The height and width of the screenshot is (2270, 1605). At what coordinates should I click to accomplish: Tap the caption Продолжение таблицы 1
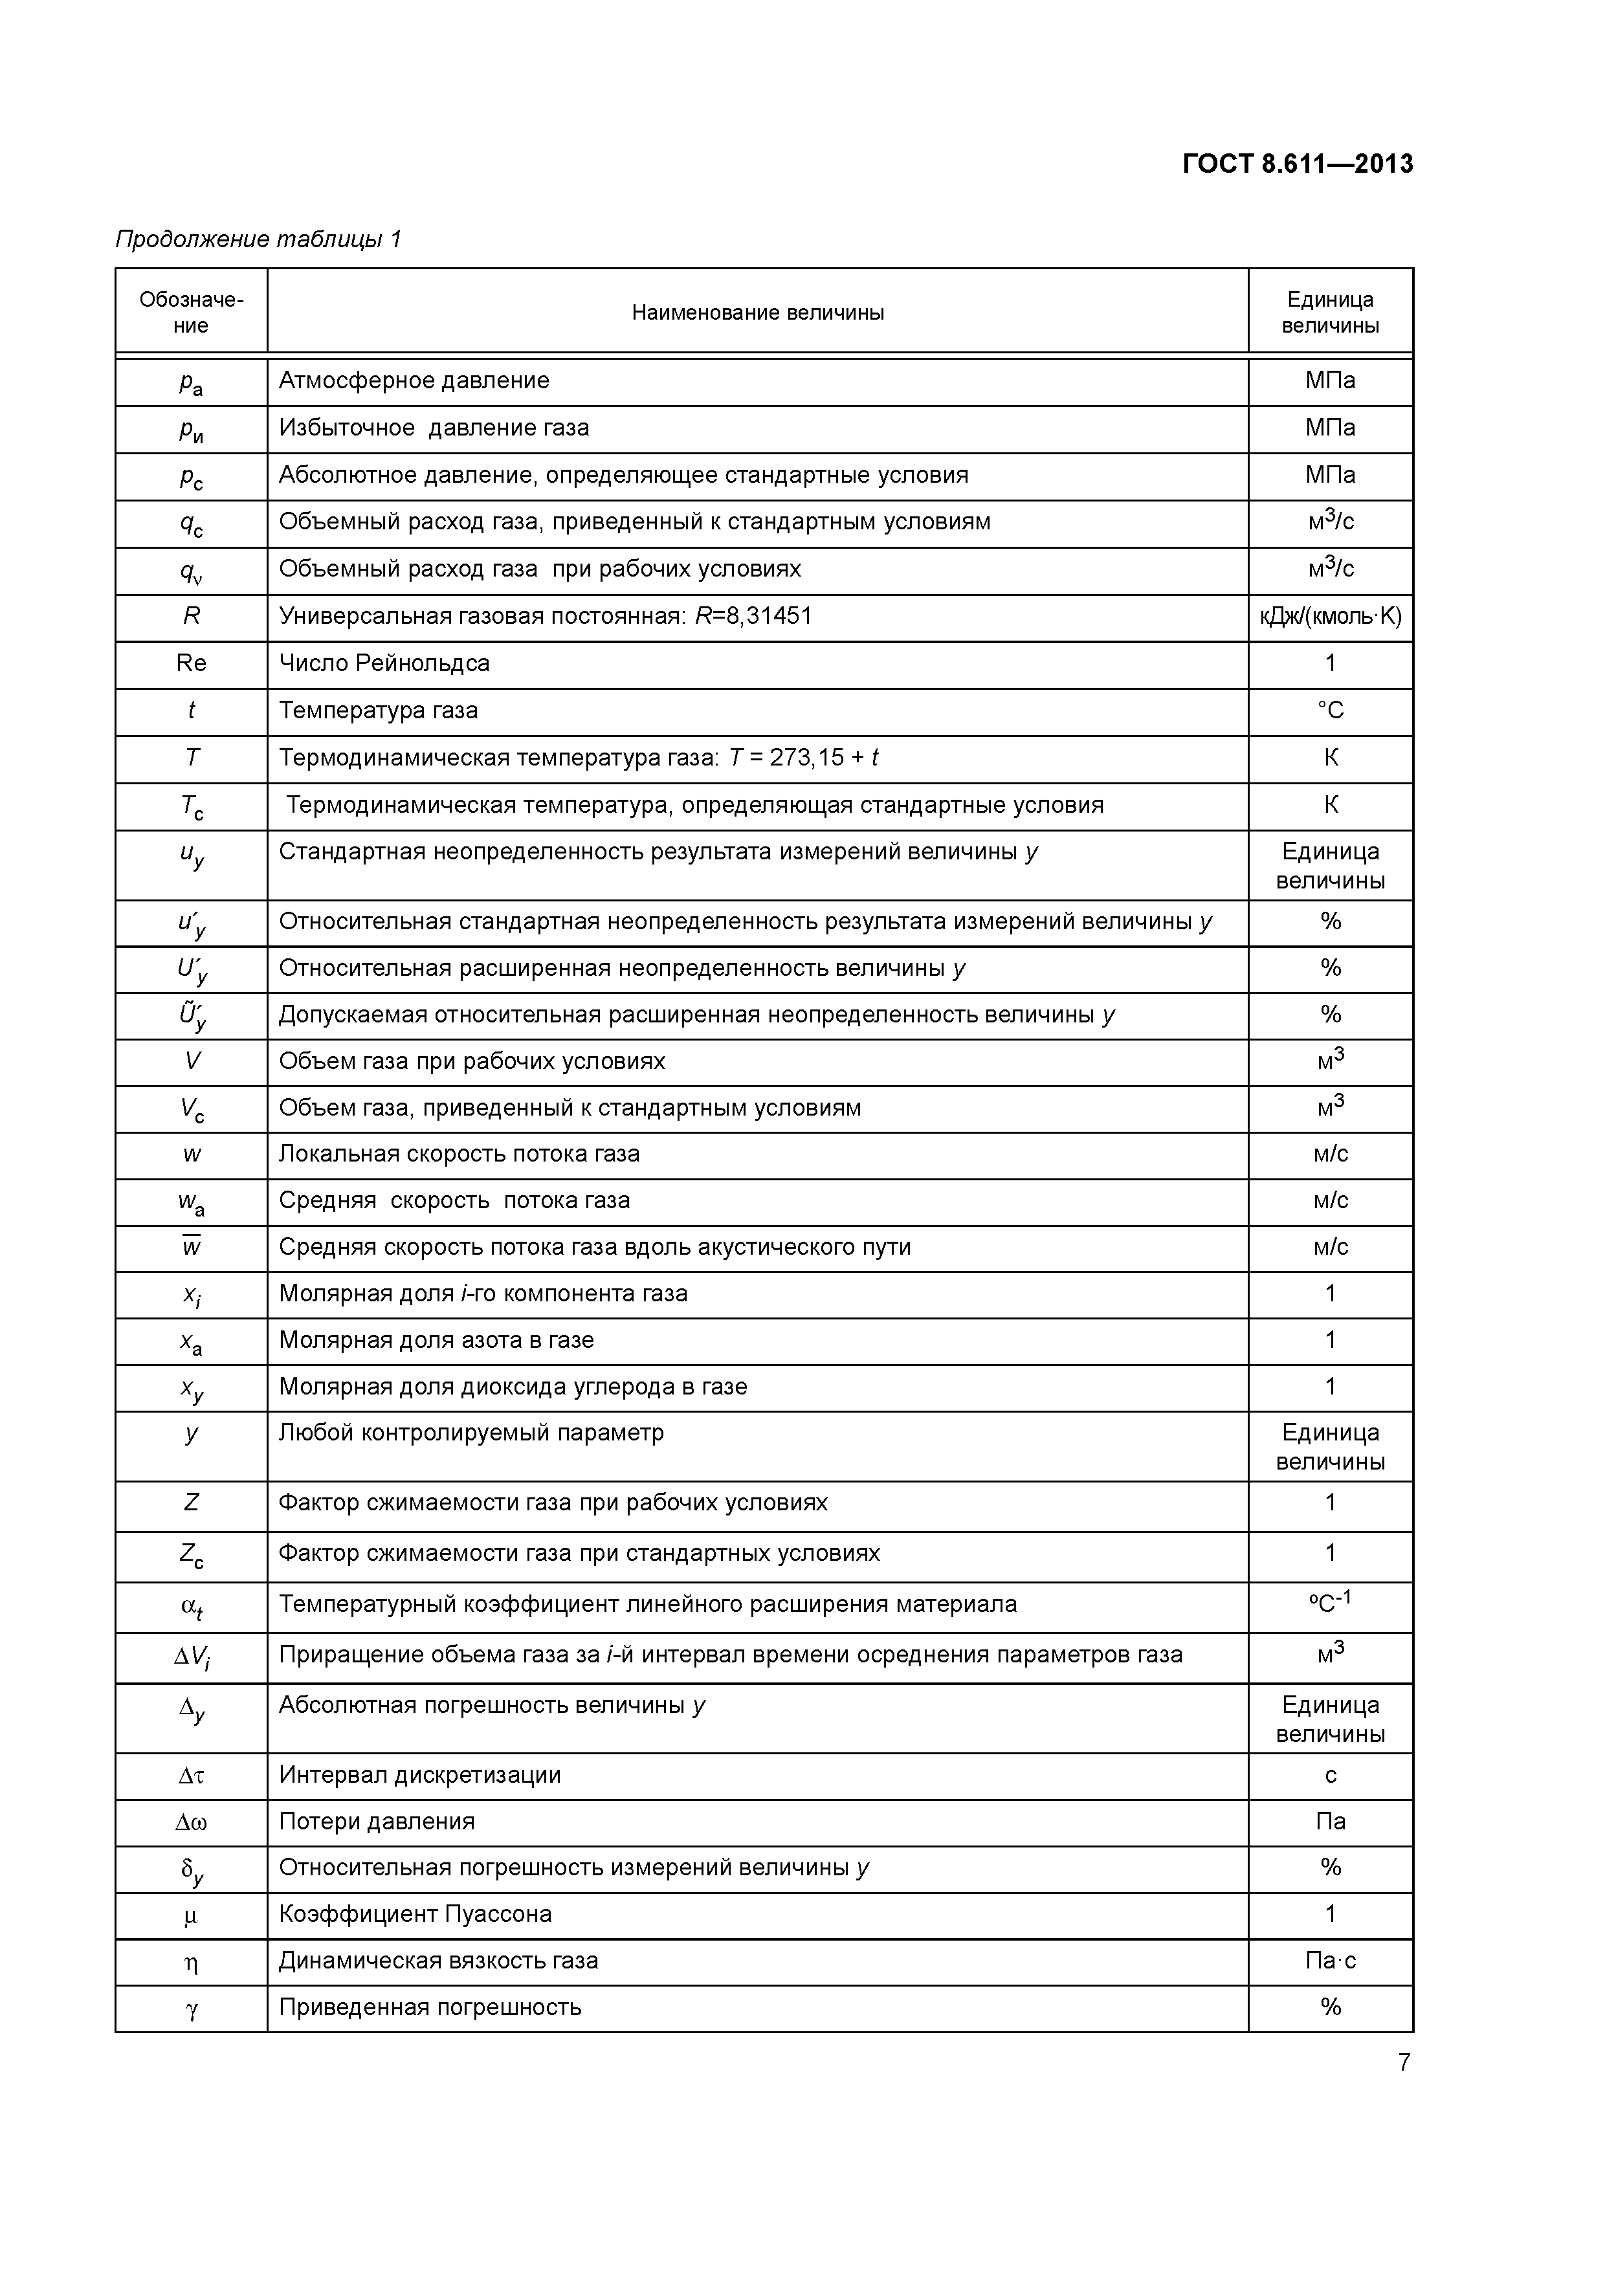(x=258, y=239)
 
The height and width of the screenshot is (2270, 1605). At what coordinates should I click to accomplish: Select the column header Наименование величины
(x=757, y=313)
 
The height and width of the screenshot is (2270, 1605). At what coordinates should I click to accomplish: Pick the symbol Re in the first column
(x=191, y=663)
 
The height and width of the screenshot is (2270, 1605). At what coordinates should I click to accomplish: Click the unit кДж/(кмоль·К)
(x=1330, y=617)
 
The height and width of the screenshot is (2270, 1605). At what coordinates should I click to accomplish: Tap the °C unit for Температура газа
(x=1330, y=711)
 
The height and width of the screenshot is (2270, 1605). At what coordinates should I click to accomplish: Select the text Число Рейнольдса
(x=384, y=663)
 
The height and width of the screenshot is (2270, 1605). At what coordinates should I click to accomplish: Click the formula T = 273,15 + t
(x=803, y=757)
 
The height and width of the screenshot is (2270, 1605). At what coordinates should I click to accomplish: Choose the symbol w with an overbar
(x=191, y=1247)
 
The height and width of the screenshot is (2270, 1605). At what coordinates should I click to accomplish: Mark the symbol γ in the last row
(x=191, y=2008)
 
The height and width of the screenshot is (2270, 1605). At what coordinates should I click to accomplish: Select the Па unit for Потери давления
(x=1330, y=1821)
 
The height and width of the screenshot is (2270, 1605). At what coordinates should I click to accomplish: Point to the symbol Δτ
(x=191, y=1776)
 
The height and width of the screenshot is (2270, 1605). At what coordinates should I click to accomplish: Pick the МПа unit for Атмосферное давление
(x=1330, y=380)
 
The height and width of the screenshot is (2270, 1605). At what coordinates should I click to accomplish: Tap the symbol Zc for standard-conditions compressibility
(x=191, y=1555)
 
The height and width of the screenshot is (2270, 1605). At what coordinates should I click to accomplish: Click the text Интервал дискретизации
(x=419, y=1775)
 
